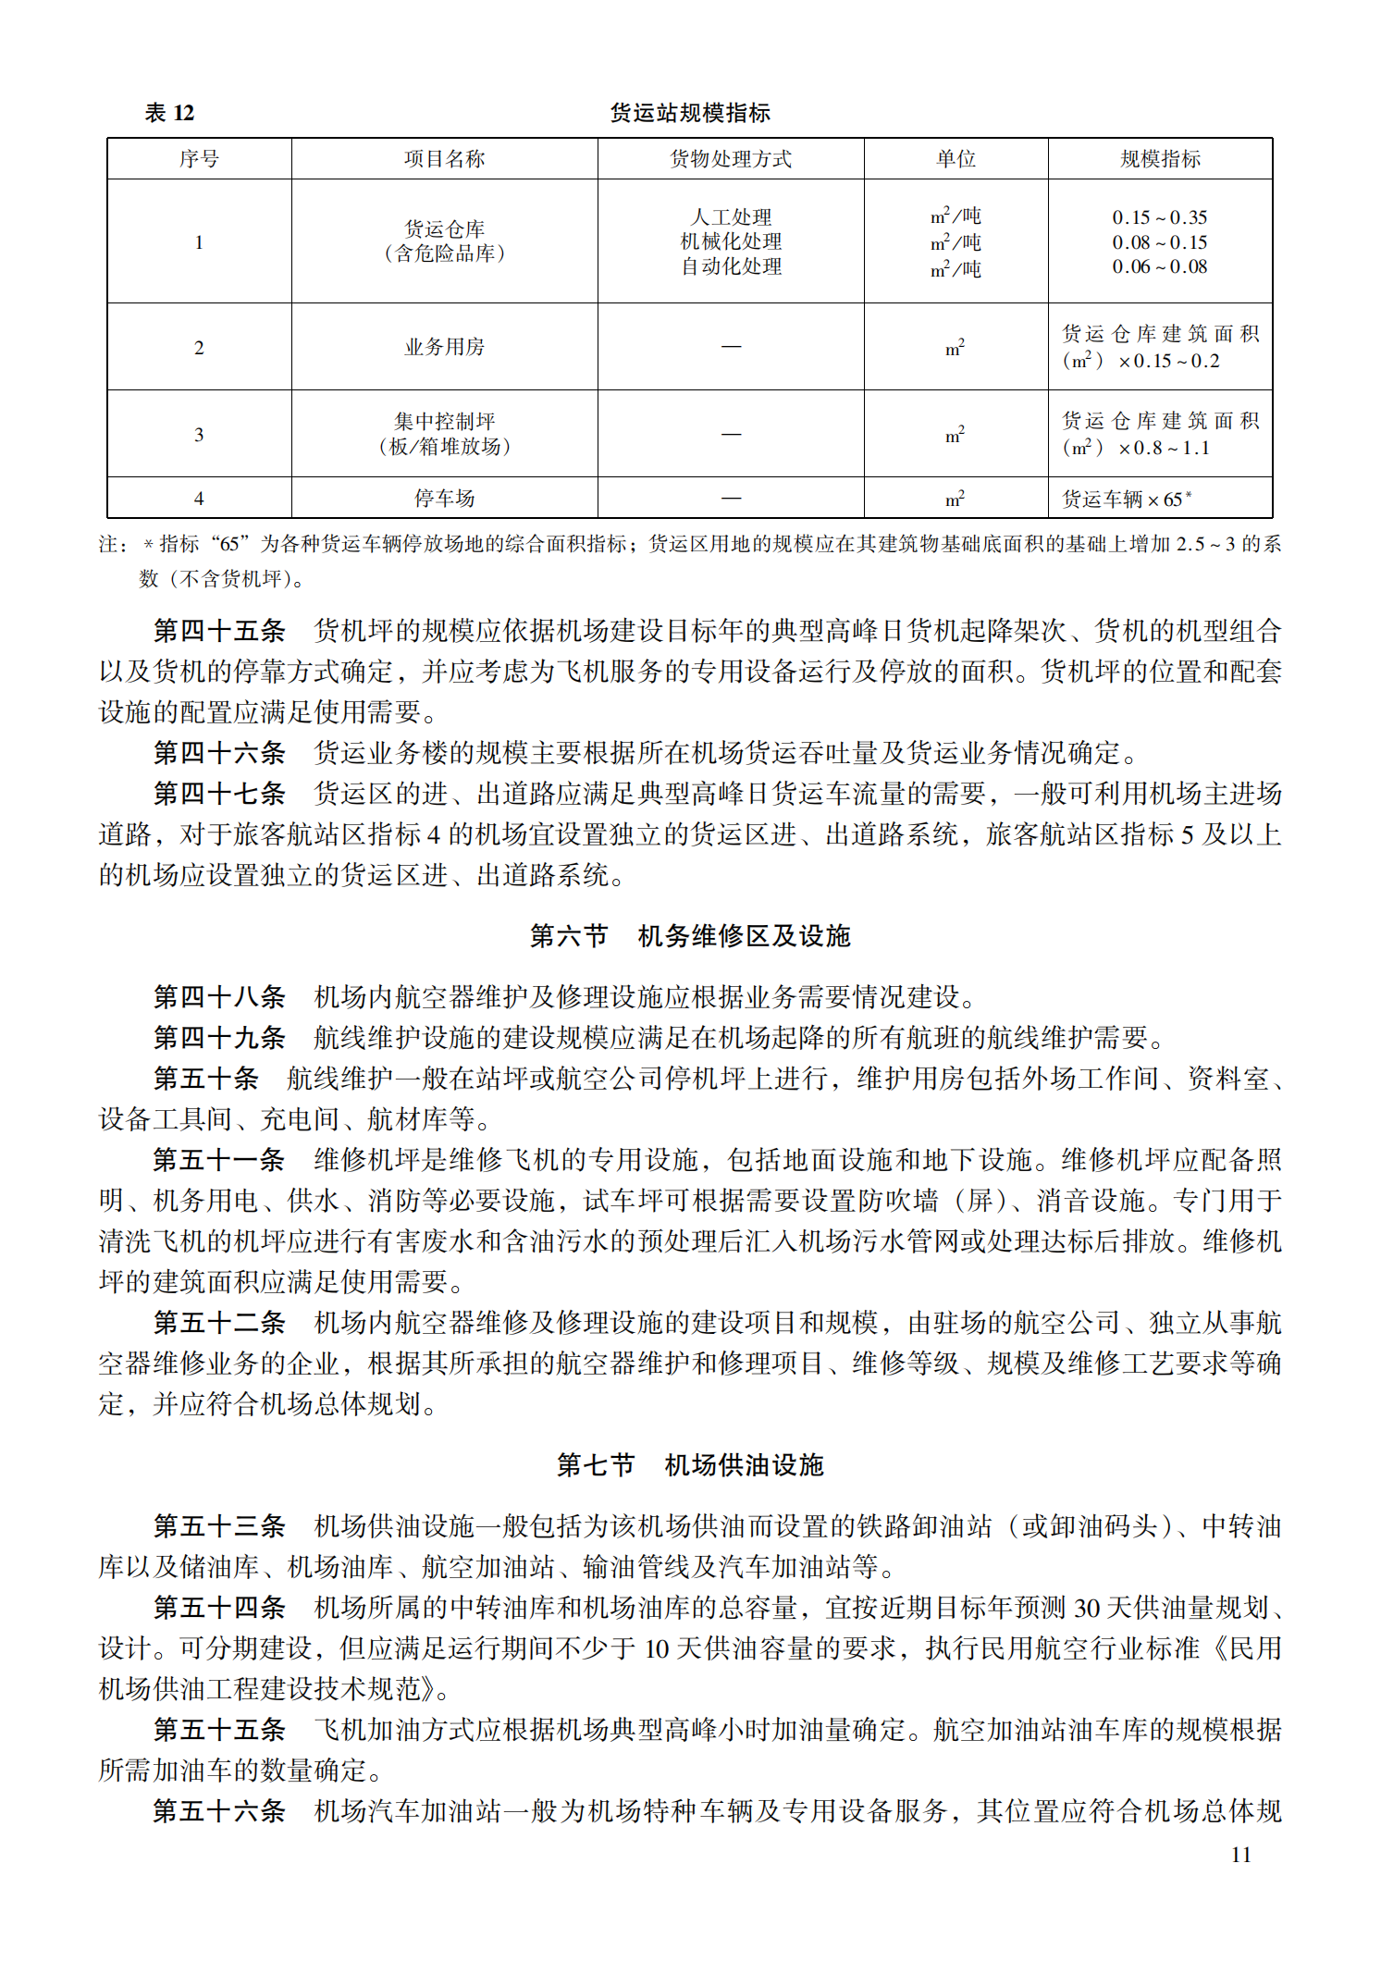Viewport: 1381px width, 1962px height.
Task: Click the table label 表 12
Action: click(169, 113)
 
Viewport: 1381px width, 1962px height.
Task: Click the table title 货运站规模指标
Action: click(690, 113)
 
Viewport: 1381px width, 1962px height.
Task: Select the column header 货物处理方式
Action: click(731, 159)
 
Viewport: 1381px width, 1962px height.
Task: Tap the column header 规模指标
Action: click(1160, 159)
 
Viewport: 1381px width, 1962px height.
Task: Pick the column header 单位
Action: click(956, 159)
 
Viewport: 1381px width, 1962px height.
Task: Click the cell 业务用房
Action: click(444, 347)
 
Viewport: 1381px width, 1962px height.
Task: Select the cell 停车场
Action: click(444, 499)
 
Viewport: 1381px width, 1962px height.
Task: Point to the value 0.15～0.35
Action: click(1160, 217)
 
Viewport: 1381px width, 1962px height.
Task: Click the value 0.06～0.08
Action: click(1160, 266)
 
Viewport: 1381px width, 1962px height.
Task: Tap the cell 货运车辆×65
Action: click(1126, 500)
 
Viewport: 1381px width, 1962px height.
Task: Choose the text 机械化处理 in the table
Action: click(731, 241)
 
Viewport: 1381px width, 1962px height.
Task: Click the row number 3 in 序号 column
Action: click(199, 435)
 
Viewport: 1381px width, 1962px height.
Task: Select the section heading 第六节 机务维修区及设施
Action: click(690, 936)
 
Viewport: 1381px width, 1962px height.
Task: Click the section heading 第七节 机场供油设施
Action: click(690, 1465)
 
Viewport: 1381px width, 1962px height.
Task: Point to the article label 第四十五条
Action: click(219, 632)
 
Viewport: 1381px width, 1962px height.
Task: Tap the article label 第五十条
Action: click(206, 1079)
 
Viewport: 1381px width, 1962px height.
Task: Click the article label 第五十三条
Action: click(219, 1526)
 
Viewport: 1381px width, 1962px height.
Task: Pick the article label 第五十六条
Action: click(219, 1811)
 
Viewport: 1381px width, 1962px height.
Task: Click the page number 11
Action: click(1241, 1855)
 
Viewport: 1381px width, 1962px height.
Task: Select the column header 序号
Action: click(199, 159)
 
